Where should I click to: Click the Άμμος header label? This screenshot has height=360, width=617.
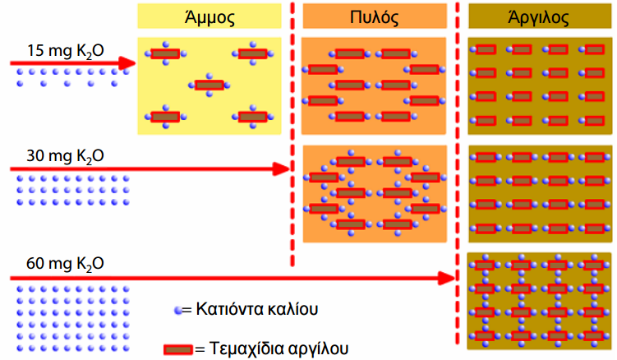210,17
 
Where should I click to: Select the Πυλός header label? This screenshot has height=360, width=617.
374,17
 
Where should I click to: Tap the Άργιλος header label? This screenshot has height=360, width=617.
538,17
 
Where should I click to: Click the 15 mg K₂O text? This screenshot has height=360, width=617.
66,51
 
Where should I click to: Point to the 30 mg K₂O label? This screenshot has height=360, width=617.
66,156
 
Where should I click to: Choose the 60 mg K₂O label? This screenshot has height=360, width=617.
66,264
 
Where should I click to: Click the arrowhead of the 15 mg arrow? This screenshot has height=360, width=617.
127,63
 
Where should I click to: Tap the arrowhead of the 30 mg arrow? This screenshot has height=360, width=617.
281,169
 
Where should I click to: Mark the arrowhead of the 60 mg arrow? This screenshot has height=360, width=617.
447,279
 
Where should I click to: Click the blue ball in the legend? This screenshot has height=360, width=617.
178,311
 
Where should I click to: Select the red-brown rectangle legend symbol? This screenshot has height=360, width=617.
178,349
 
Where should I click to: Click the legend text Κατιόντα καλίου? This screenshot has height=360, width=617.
257,309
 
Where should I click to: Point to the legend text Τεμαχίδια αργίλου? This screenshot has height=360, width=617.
279,348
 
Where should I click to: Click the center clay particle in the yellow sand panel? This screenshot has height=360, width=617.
210,85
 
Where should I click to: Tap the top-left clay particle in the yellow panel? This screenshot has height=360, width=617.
166,53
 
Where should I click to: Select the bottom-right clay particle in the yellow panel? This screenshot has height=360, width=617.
253,117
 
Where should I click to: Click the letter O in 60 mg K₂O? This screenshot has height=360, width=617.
98,264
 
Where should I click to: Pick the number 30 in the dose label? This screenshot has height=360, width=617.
35,156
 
